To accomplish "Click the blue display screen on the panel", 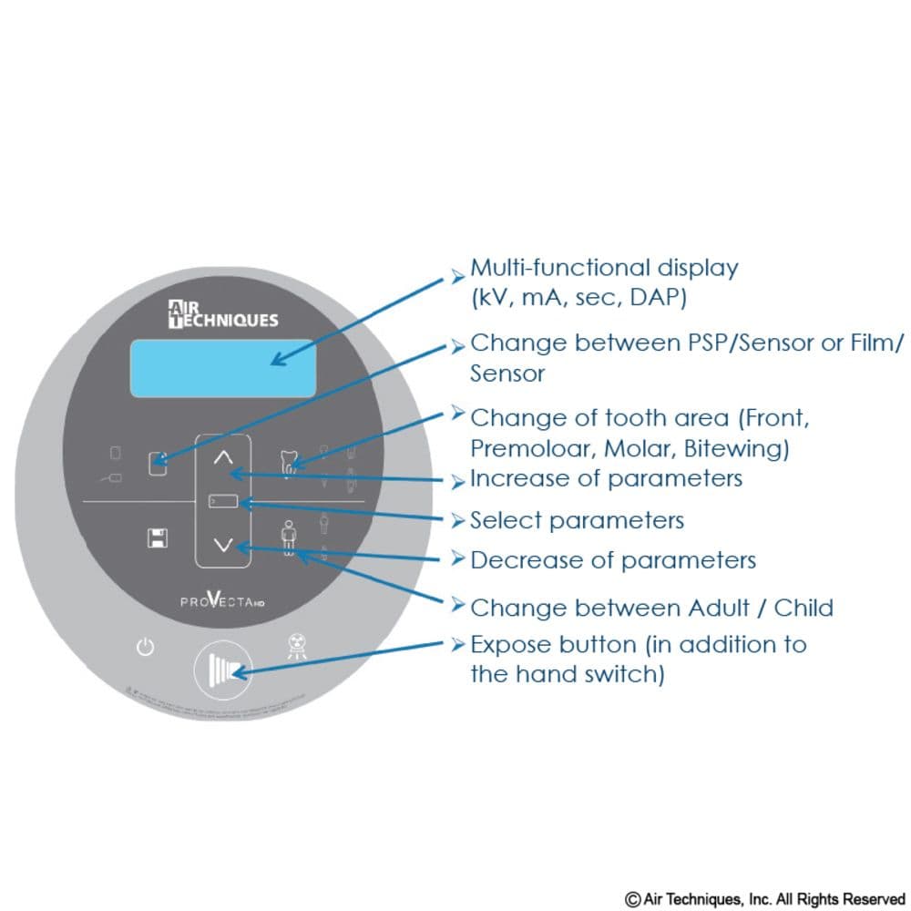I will pos(222,368).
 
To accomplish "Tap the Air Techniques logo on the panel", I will pos(223,313).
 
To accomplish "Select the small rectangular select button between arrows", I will pos(223,501).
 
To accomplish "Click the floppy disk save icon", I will pos(158,537).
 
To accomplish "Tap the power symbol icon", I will pos(145,649).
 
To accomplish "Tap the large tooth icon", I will pos(290,461).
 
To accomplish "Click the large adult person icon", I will pos(289,537).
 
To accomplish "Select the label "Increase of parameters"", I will pos(606,478).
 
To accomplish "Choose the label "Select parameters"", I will pos(577,520).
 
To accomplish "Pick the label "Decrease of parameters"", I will pos(612,559).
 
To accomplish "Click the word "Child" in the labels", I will pos(804,608).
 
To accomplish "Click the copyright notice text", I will pos(764,898).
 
